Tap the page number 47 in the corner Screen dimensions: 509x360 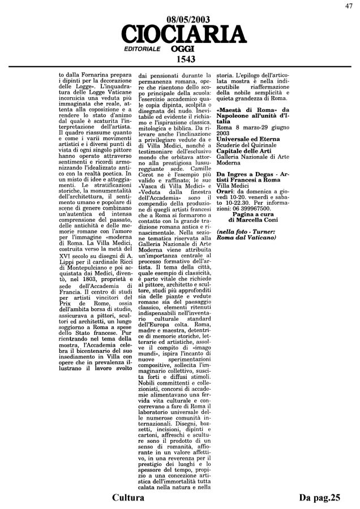[x=352, y=6]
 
